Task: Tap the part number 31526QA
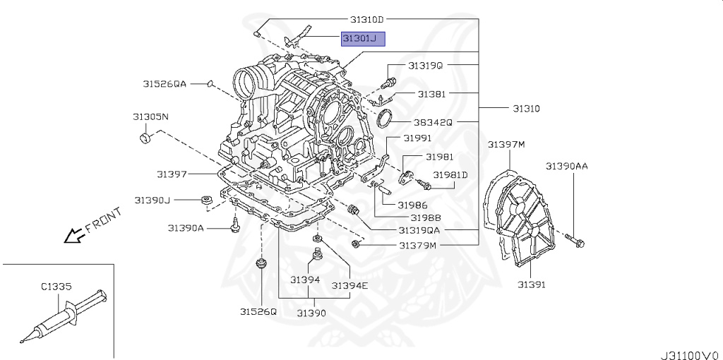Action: point(165,84)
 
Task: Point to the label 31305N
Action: point(150,116)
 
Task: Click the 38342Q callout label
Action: point(433,121)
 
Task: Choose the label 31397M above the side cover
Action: point(506,145)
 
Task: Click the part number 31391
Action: point(531,284)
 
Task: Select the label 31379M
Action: point(418,245)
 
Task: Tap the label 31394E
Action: point(351,285)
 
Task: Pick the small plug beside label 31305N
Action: point(146,136)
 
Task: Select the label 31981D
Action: point(450,174)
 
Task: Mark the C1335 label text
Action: point(57,287)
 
